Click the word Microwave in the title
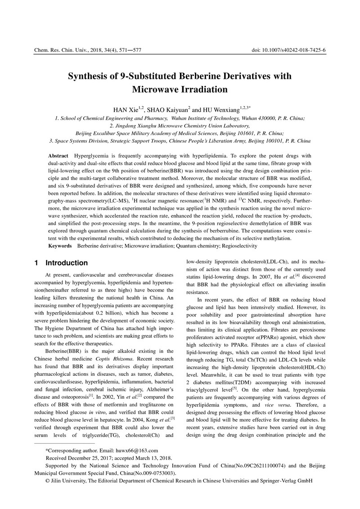pyautogui.click(x=157, y=89)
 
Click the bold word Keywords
pyautogui.click(x=60, y=246)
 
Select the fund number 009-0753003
pyautogui.click(x=152, y=473)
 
